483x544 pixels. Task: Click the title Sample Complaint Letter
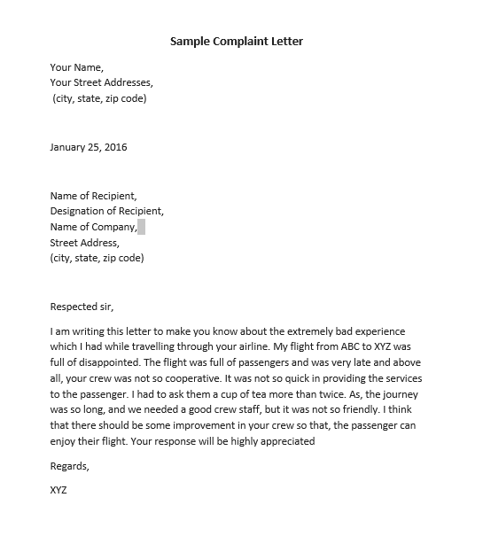point(241,42)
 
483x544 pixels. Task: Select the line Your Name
point(77,67)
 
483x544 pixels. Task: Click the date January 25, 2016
point(89,147)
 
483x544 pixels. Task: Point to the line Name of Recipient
point(93,196)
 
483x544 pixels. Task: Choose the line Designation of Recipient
point(107,211)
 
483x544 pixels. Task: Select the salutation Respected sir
point(82,307)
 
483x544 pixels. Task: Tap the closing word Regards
point(70,465)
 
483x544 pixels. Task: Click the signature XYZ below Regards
point(59,489)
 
